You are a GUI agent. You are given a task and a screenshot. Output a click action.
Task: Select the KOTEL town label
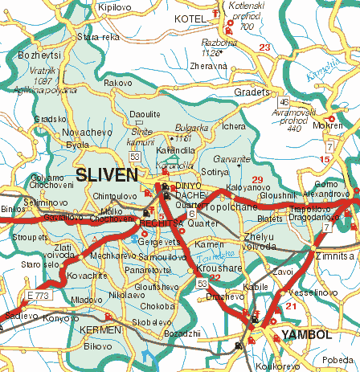[190, 17]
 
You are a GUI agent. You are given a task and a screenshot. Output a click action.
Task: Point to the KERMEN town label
[100, 330]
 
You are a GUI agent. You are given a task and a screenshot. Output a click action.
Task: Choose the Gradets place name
[249, 91]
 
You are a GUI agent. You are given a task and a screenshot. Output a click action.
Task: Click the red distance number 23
[265, 48]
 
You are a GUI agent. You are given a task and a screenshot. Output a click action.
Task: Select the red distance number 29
[257, 178]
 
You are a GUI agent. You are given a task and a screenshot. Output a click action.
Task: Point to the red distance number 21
[291, 306]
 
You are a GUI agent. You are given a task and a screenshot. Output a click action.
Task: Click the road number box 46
[284, 102]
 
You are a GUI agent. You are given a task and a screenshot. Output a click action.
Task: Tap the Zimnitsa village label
[334, 255]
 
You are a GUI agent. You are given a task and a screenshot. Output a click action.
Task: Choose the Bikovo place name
[98, 346]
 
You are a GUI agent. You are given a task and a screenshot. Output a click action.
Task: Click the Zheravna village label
[209, 66]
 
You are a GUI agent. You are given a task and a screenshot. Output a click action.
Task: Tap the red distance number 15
[325, 159]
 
